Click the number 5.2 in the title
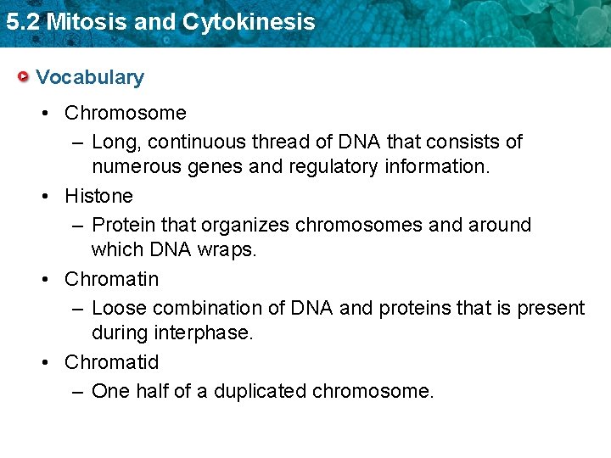click(x=22, y=22)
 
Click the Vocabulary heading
click(x=90, y=77)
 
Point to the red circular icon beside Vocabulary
click(x=24, y=77)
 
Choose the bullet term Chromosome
click(x=126, y=113)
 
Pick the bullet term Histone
click(x=99, y=196)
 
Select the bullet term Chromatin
click(x=112, y=279)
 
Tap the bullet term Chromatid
click(x=112, y=362)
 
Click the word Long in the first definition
click(x=112, y=142)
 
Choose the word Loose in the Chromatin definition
click(x=116, y=308)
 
